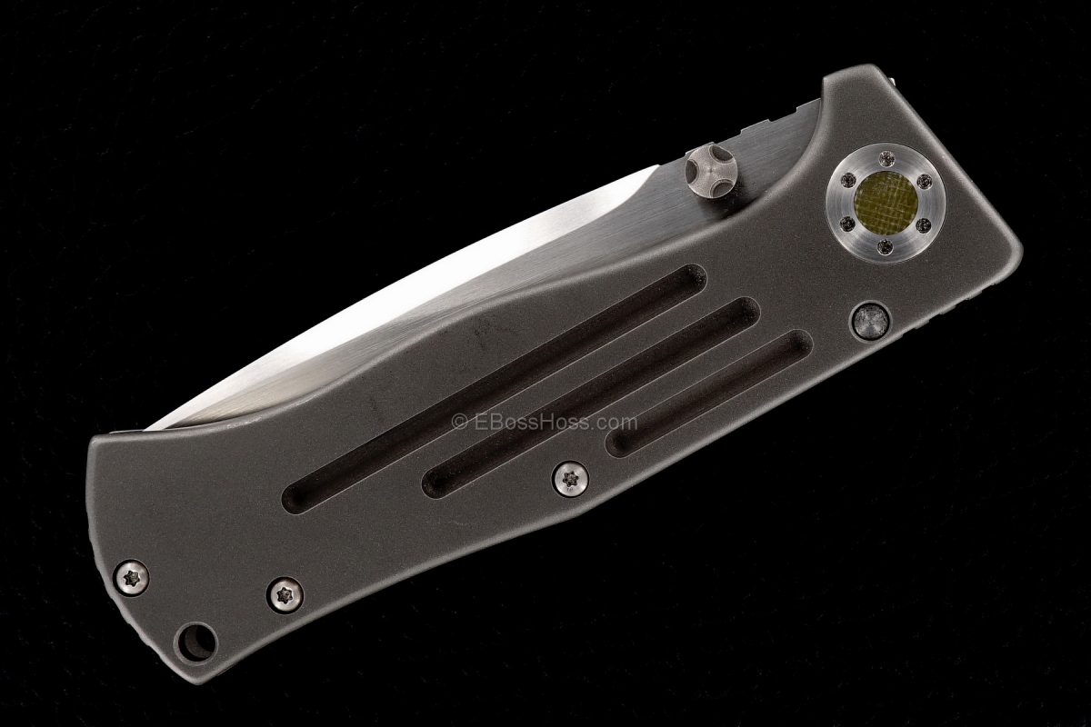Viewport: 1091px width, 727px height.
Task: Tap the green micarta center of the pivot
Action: point(885,202)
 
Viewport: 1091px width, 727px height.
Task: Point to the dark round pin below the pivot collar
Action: point(869,321)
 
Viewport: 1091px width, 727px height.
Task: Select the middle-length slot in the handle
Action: point(591,396)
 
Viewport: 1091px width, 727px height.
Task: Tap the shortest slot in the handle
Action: point(709,392)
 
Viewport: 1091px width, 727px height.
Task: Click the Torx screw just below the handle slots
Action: point(571,478)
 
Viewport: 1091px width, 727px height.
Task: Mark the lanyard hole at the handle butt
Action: point(196,642)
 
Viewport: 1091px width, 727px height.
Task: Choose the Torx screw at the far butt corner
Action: point(132,576)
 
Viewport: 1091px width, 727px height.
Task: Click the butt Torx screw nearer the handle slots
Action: point(285,594)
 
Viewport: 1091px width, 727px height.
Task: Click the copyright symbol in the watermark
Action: point(459,423)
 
